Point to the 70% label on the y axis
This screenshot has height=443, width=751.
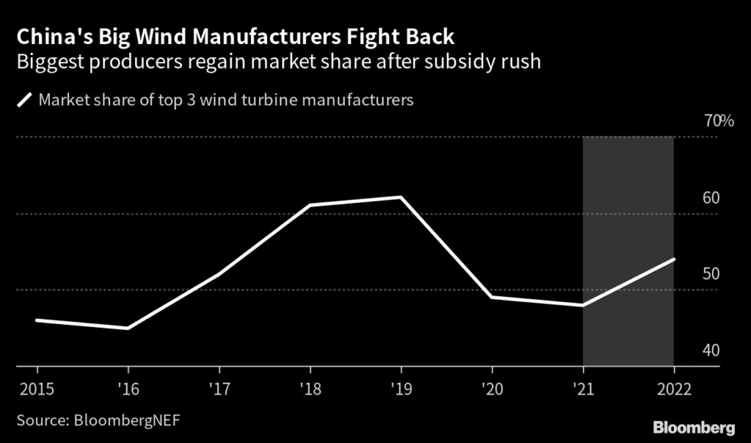[x=719, y=121]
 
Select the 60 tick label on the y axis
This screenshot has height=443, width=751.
[x=711, y=198]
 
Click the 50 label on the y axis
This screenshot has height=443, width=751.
[x=711, y=274]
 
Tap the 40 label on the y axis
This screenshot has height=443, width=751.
[x=711, y=351]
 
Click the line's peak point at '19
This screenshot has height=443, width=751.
[x=400, y=197]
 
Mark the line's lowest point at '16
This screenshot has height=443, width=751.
[x=128, y=329]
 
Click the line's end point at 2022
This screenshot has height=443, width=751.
[x=673, y=259]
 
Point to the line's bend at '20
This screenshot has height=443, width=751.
[x=492, y=297]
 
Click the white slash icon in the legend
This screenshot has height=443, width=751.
[x=25, y=100]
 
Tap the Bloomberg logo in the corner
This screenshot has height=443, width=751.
[x=694, y=427]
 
